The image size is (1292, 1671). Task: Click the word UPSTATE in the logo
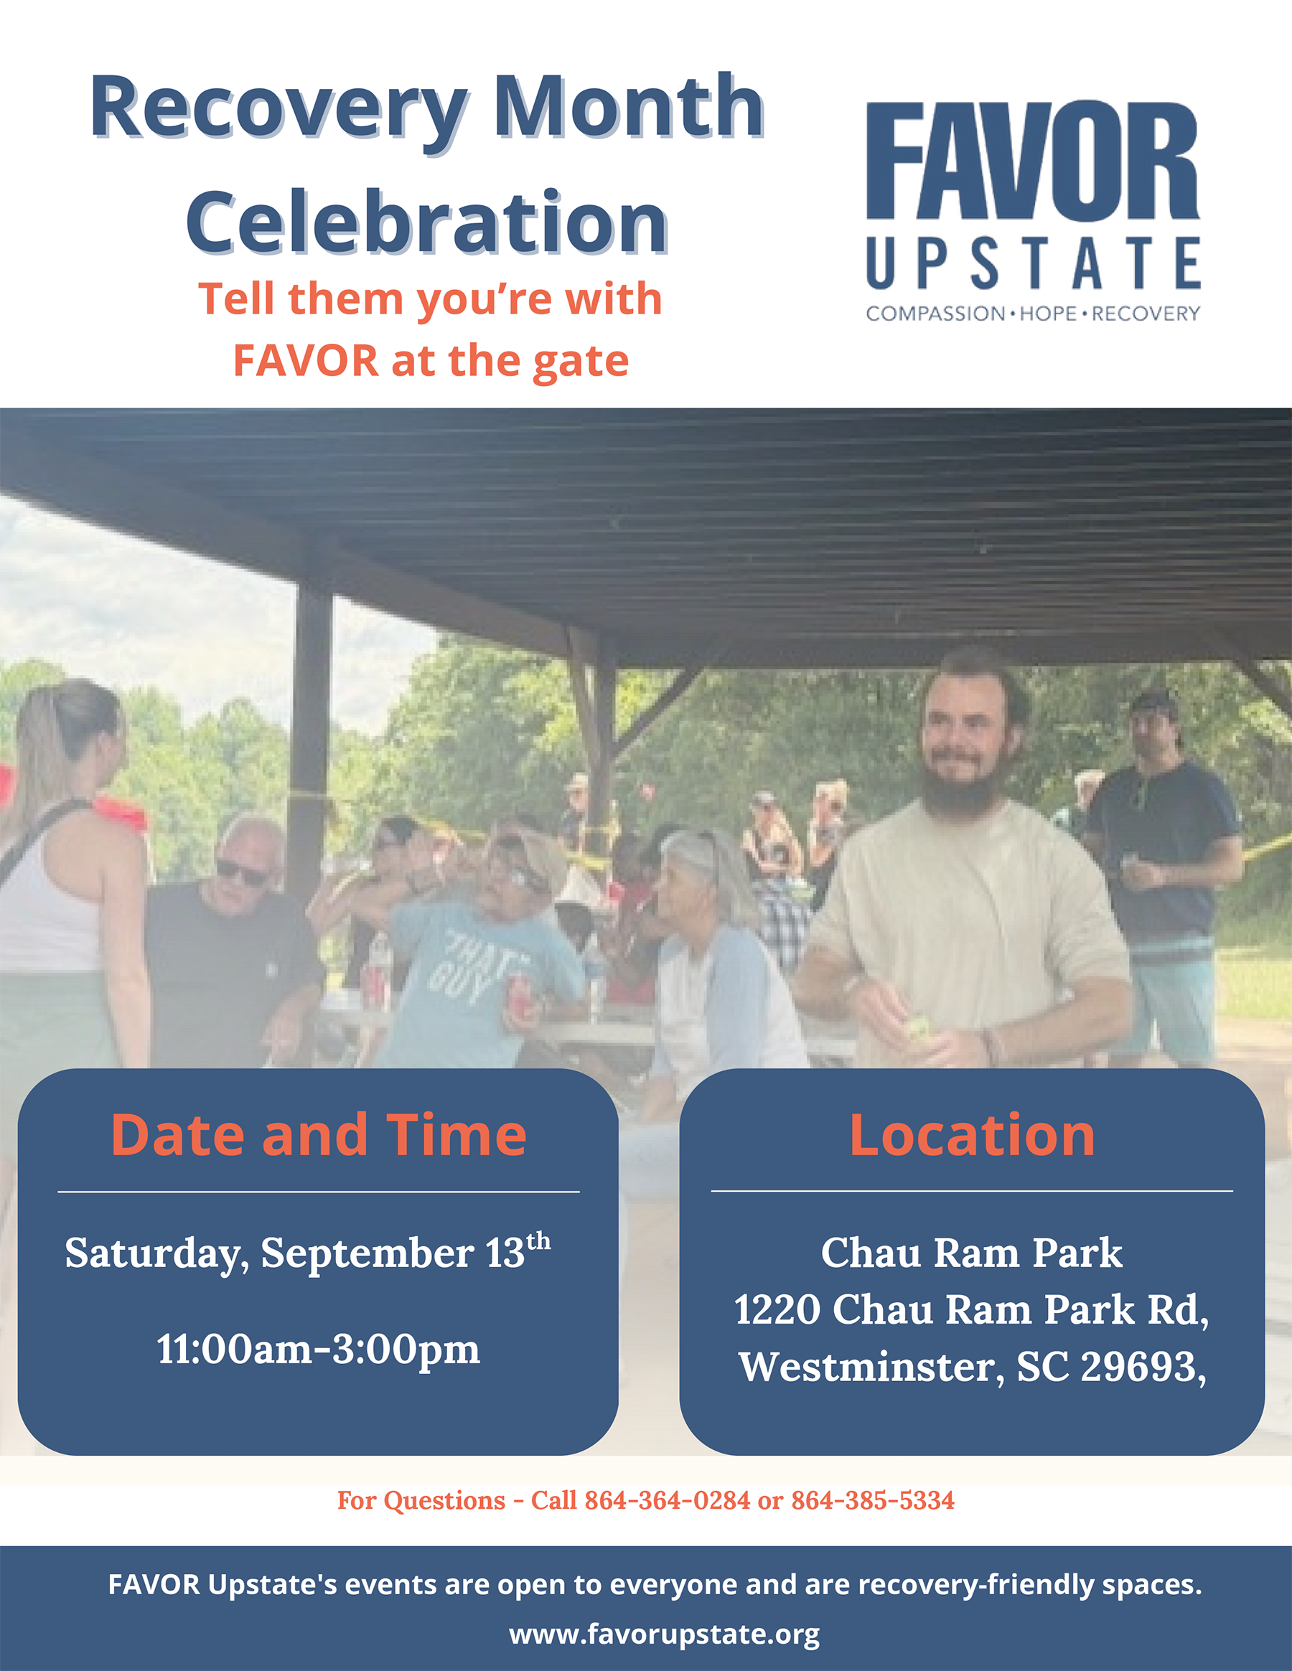pos(1033,263)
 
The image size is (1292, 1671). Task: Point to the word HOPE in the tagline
pos(1049,314)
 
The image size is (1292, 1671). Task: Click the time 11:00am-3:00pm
pos(319,1349)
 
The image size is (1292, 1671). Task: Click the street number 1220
pos(777,1309)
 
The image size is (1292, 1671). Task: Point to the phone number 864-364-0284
pos(667,1500)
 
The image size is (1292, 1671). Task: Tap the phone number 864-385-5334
pos(873,1500)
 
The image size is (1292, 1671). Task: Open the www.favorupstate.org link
pos(665,1634)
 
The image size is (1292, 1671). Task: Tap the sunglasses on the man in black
pos(240,872)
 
